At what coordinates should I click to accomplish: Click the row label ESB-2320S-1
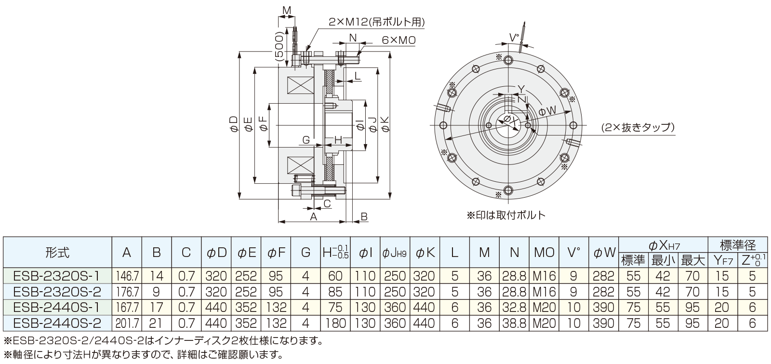pos(57,276)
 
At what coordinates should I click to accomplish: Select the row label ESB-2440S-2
pos(57,323)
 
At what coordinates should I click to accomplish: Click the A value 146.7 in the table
pos(126,276)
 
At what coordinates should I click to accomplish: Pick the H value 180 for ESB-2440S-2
pos(336,323)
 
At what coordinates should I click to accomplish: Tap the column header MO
pos(544,252)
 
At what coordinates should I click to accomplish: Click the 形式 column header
pos(57,252)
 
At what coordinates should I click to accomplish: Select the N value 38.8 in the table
pos(514,323)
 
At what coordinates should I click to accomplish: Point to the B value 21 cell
pos(156,323)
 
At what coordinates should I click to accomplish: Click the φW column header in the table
pos(604,252)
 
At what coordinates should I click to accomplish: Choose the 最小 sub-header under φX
pos(664,261)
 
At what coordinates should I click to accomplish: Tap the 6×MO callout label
pos(399,40)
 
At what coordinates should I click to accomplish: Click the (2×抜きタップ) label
pos(637,128)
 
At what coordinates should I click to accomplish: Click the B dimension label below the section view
pos(364,216)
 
